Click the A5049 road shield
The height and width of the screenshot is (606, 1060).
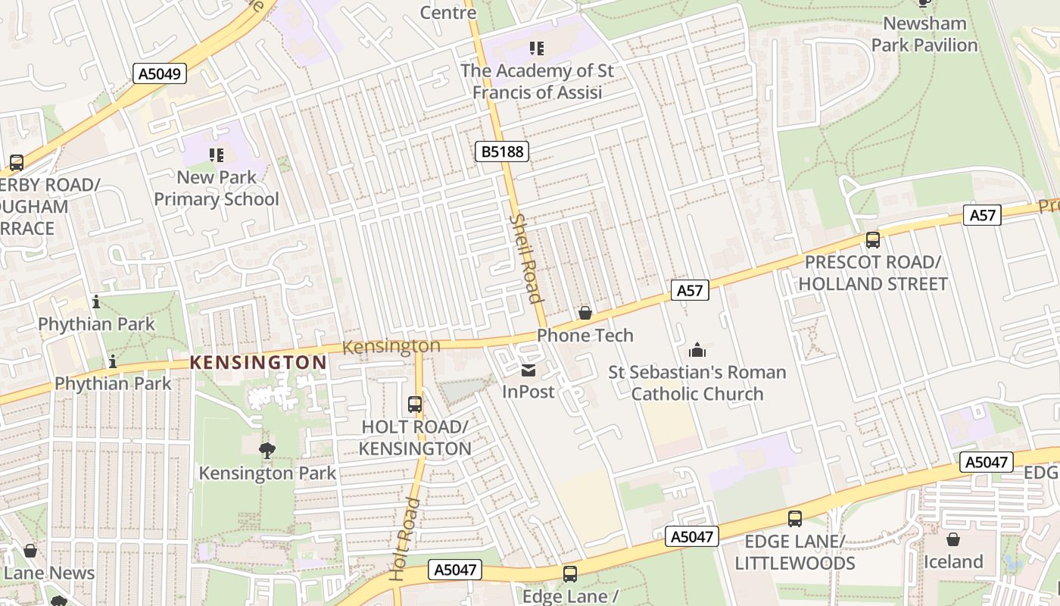tap(160, 73)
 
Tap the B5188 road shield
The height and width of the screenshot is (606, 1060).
tap(502, 151)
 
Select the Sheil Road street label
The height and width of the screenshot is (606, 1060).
tap(527, 258)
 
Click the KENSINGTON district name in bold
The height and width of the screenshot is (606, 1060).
tap(258, 363)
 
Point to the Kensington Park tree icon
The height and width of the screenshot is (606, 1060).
tap(267, 451)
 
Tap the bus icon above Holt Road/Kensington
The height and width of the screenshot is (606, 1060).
tap(414, 405)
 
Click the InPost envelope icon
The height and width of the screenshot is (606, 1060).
tap(528, 370)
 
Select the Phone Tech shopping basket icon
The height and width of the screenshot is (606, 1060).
tap(585, 312)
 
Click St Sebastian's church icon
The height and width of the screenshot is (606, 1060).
tap(697, 350)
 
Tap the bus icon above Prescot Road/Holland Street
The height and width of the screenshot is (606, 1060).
tap(873, 240)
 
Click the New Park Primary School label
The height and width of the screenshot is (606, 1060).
tap(217, 189)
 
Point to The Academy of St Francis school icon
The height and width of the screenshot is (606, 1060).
tap(537, 48)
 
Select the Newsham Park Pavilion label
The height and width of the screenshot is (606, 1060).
tap(924, 34)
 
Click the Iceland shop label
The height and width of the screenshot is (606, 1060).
tap(952, 562)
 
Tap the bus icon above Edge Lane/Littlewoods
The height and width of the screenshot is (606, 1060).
tap(795, 519)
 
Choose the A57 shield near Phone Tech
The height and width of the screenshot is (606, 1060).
tap(690, 289)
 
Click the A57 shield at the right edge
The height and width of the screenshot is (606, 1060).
tap(983, 215)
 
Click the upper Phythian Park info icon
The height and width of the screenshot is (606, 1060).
tap(96, 302)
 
